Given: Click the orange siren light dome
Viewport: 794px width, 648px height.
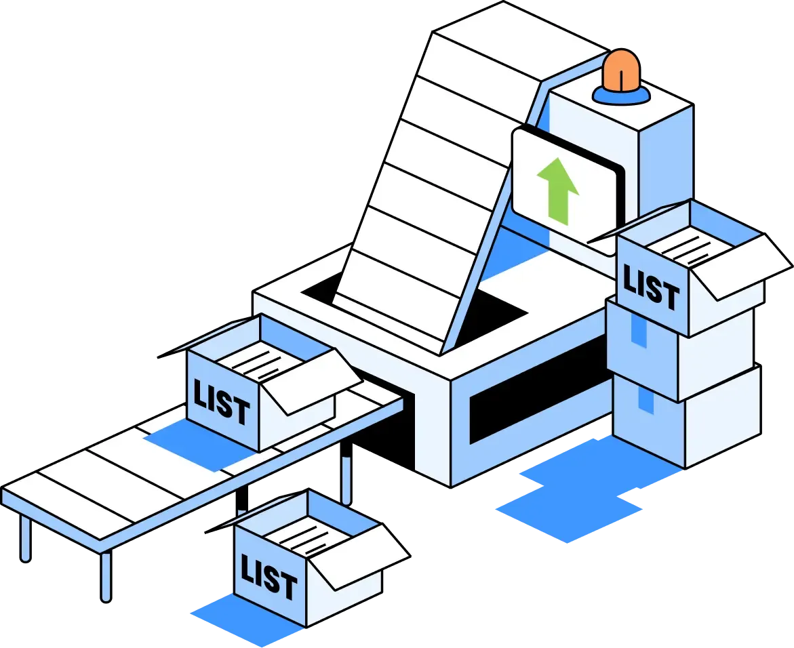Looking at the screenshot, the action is coord(621,70).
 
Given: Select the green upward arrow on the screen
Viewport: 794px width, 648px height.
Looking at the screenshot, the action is coord(557,190).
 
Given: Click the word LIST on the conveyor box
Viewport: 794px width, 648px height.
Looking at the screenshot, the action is coord(221,403).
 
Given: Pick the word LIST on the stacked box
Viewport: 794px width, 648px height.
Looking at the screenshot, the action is coord(651,287).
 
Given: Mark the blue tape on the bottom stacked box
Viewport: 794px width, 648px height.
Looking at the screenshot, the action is coord(646,399).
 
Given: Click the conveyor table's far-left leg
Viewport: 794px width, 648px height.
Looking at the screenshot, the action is coord(25,538).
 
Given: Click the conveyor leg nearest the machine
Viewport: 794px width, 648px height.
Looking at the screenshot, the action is coord(346,472).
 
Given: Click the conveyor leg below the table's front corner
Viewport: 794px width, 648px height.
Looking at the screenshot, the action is coord(106,576).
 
